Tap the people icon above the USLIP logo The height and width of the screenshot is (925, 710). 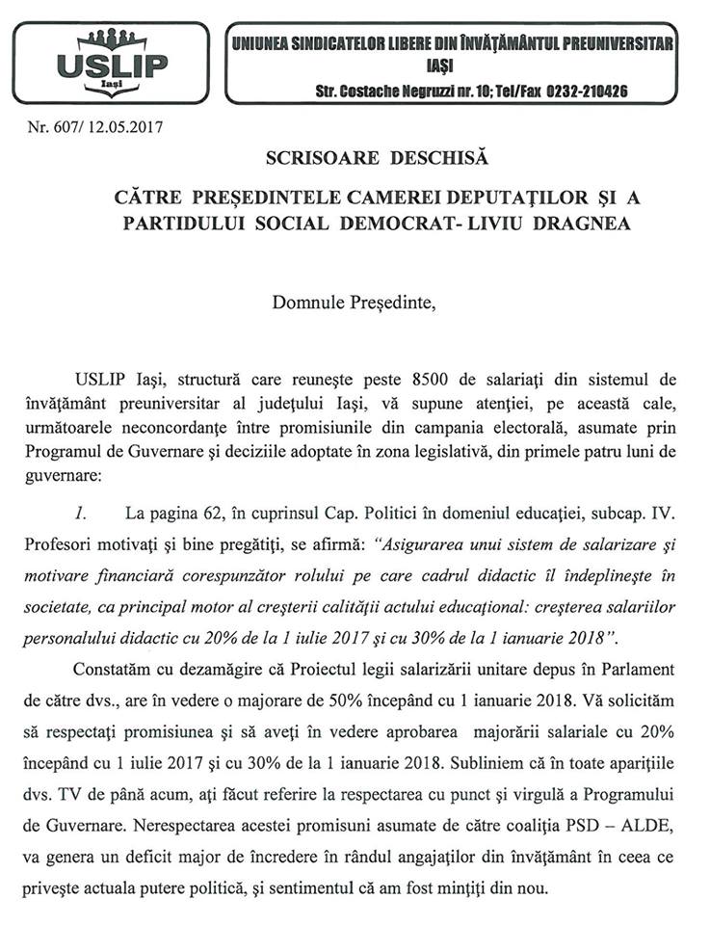point(113,40)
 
